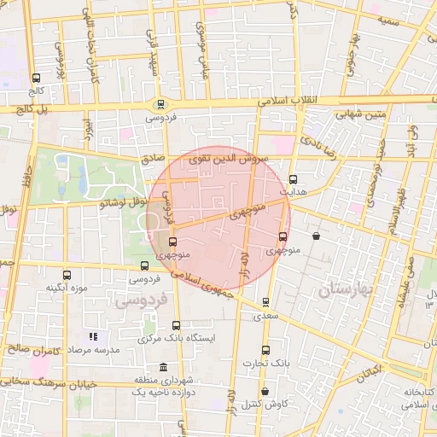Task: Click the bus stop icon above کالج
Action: [34, 78]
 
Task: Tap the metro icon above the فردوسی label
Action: [160, 104]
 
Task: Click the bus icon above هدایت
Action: [294, 179]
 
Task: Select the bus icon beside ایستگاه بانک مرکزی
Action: [177, 325]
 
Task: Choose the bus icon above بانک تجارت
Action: [265, 350]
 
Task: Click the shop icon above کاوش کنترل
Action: [265, 391]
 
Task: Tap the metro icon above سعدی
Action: [265, 301]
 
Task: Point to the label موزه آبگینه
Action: [67, 288]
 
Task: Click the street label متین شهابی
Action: [358, 111]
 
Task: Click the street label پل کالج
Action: [30, 109]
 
